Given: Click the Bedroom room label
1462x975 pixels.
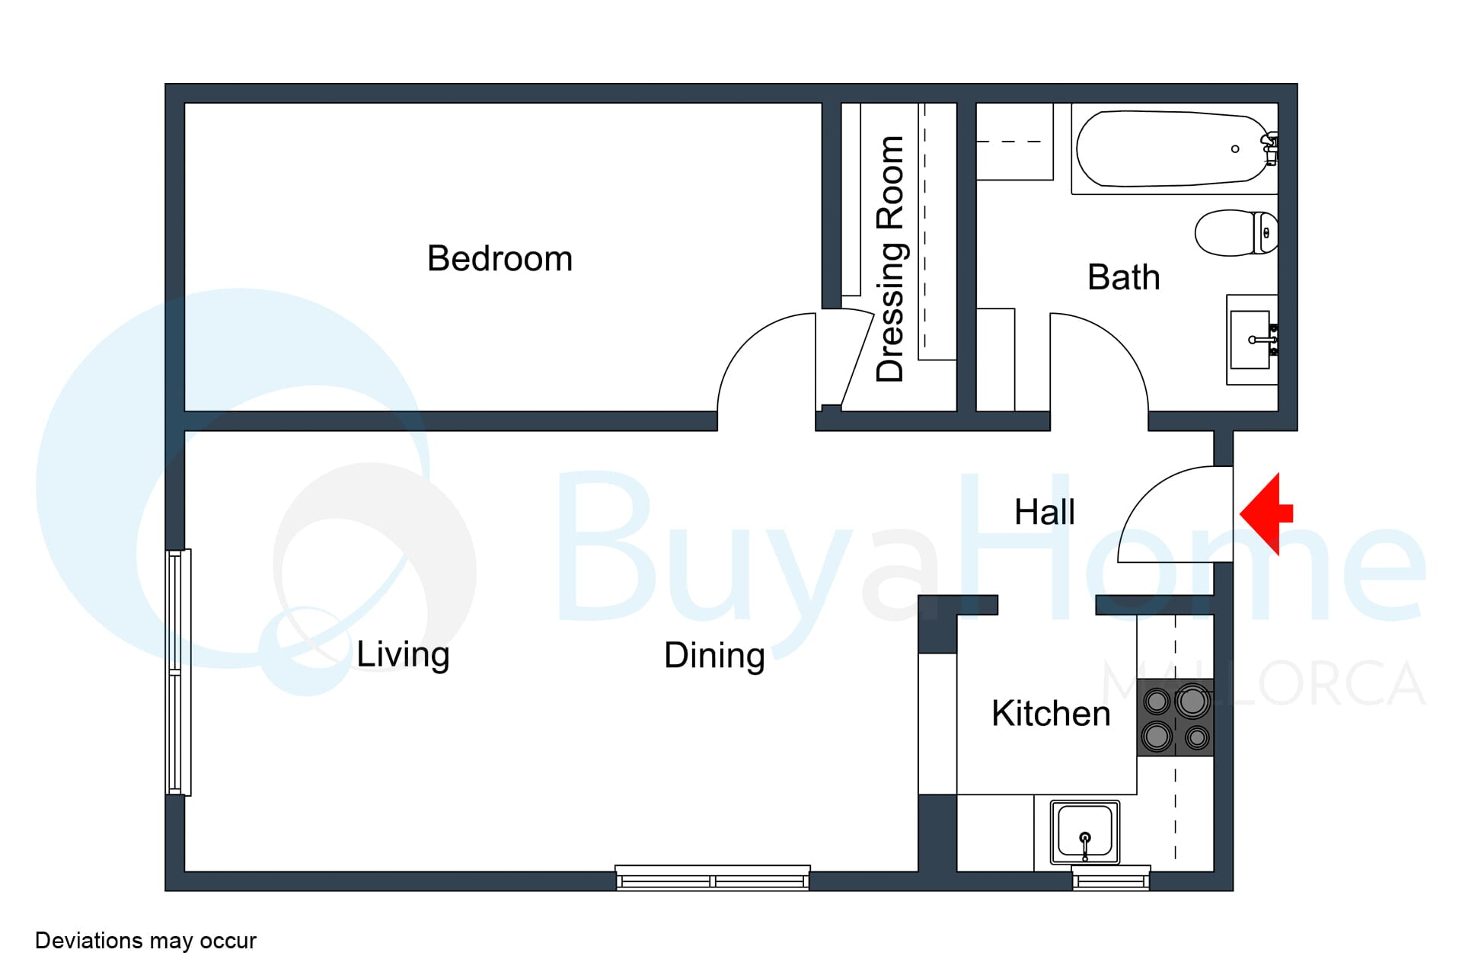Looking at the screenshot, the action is pos(500,258).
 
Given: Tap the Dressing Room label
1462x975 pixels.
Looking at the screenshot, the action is pos(889,259).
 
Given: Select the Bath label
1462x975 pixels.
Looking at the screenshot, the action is pos(1123,277).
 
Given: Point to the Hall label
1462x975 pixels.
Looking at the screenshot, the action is pos(1045,512).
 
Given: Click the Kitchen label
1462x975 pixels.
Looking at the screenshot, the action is pos(1051,714).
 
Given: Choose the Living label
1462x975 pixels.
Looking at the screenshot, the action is pos(403,654).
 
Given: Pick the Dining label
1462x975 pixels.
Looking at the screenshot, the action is pos(714,656).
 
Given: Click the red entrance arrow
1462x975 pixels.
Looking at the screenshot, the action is pos(1267,513).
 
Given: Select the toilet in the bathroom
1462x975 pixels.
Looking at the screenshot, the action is pos(1236,233).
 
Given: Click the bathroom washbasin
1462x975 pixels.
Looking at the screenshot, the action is pos(1252,340).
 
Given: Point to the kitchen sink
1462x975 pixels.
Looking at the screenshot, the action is pos(1085,833).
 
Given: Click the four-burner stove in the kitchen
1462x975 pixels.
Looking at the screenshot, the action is pos(1176,718).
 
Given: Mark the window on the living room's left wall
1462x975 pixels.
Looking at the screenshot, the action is pos(178,673).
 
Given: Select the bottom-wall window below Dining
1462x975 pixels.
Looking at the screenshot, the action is pos(713,877).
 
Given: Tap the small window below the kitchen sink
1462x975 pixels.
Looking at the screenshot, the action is pos(1111,878).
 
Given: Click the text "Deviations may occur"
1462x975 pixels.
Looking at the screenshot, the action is pos(145,941).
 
